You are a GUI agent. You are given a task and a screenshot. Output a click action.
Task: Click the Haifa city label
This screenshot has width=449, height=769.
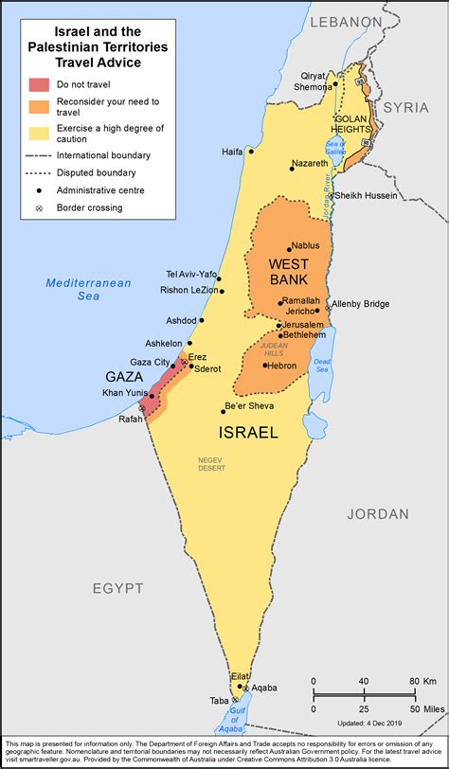coord(231,151)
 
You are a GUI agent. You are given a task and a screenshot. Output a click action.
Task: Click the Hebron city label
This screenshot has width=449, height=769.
coord(282,366)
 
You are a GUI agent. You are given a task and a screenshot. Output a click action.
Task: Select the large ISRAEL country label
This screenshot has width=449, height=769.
coord(248,432)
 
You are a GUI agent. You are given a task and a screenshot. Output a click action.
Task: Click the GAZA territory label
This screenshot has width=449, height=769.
coord(123,376)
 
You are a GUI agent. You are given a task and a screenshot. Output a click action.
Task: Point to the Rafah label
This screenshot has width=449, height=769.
coord(132,420)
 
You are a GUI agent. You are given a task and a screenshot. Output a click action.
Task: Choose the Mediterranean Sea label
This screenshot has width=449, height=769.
coord(76,289)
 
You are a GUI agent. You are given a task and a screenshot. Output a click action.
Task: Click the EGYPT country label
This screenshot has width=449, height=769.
coord(117,587)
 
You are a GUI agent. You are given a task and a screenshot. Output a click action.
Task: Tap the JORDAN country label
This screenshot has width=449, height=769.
coord(377,513)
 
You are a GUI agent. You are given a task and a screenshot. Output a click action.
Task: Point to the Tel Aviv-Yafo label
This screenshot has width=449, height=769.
coord(190,275)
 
